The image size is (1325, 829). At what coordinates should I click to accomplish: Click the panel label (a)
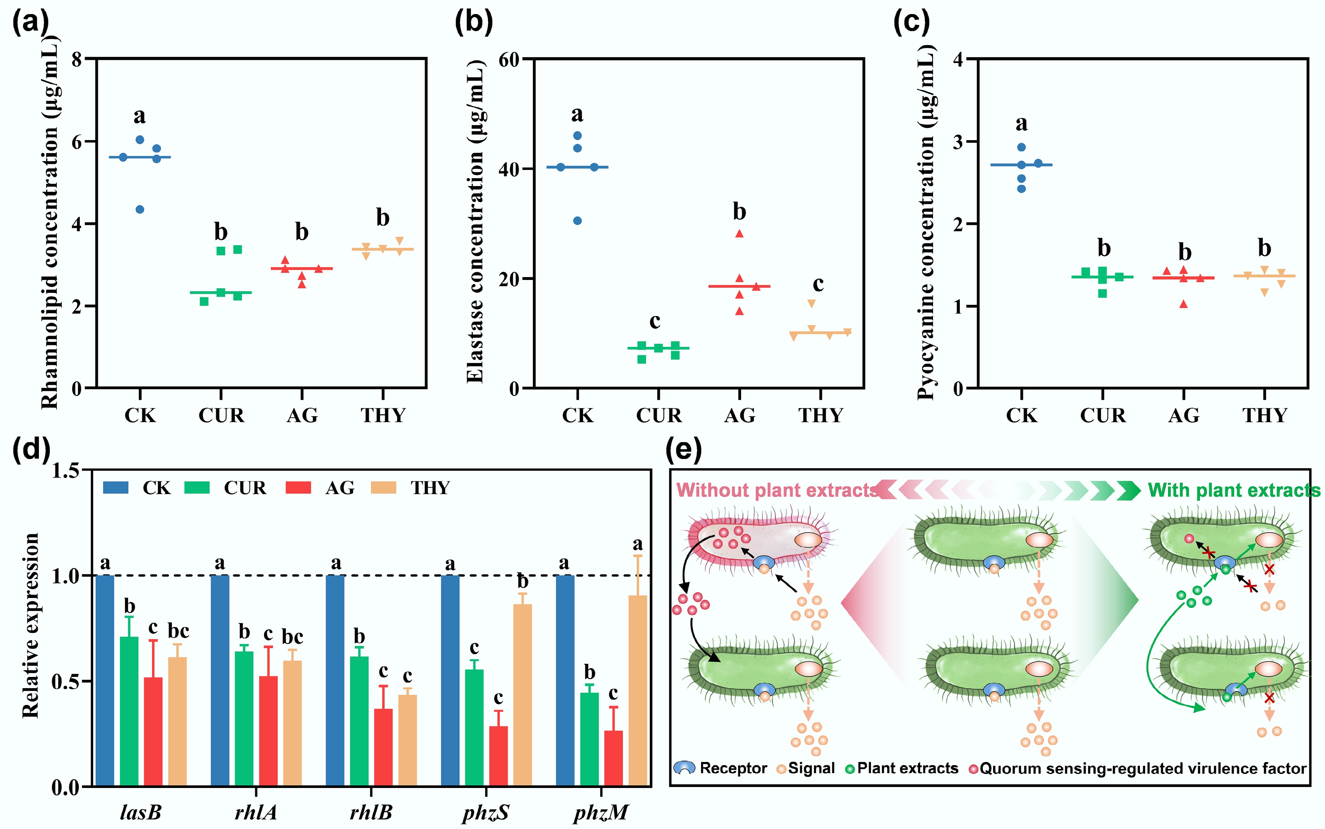(x=30, y=23)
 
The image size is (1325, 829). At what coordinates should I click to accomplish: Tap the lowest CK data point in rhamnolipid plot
(x=140, y=210)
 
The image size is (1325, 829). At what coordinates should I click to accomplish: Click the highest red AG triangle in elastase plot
(x=739, y=234)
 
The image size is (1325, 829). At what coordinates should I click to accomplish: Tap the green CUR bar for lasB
(x=129, y=711)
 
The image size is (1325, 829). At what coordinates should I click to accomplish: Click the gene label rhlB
(x=371, y=812)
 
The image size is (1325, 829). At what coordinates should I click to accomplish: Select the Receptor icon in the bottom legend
(x=685, y=768)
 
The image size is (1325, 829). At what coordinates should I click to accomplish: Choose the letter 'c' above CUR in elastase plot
(x=655, y=321)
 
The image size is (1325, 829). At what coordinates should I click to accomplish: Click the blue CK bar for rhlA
(x=220, y=680)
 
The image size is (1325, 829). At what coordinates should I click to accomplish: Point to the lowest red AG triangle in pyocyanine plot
(x=1183, y=304)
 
